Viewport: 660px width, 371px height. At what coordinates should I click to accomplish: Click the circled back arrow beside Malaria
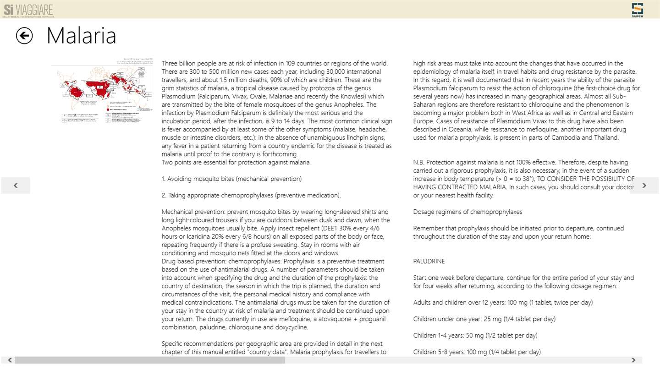[x=24, y=36]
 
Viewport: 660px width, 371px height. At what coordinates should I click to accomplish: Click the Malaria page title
[x=81, y=36]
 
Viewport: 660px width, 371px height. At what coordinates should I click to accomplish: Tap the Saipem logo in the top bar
[x=637, y=9]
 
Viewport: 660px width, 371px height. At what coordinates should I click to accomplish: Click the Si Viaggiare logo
[x=28, y=9]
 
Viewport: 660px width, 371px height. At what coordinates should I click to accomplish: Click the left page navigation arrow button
[x=16, y=185]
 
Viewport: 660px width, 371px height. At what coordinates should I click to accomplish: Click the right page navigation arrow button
[x=644, y=185]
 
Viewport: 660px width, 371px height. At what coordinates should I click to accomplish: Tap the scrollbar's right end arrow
[x=633, y=360]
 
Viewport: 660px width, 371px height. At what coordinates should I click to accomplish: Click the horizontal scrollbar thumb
[x=149, y=360]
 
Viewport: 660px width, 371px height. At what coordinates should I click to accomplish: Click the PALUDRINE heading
[x=429, y=261]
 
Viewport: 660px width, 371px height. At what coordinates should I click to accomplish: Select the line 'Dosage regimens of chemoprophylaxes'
[x=467, y=212]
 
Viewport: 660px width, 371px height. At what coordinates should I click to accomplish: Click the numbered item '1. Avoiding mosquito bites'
[x=231, y=179]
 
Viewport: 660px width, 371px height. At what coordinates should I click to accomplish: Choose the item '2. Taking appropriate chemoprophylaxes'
[x=251, y=195]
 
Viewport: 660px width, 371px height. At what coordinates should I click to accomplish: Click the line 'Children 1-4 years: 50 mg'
[x=475, y=335]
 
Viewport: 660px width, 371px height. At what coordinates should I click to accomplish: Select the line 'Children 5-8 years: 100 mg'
[x=477, y=352]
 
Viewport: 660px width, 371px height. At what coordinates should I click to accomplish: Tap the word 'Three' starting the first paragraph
[x=170, y=63]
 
